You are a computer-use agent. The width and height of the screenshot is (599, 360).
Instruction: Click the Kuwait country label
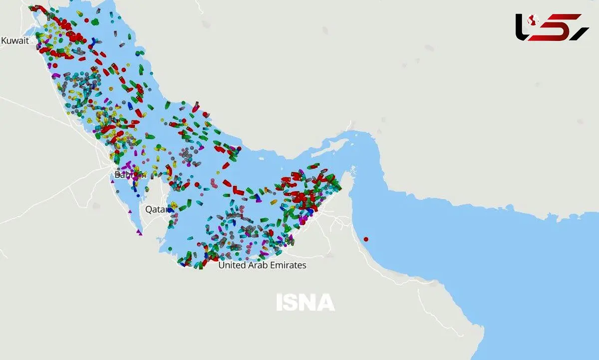15,41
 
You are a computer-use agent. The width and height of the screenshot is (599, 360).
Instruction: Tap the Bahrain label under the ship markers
130,175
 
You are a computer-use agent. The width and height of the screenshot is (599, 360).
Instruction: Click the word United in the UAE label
232,266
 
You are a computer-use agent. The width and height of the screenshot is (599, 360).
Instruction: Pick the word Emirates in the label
289,266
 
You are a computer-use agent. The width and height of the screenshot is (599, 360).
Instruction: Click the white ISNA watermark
305,303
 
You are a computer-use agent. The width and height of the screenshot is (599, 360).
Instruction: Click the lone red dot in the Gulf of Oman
365,238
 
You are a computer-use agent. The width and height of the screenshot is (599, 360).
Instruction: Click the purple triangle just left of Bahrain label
113,181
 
